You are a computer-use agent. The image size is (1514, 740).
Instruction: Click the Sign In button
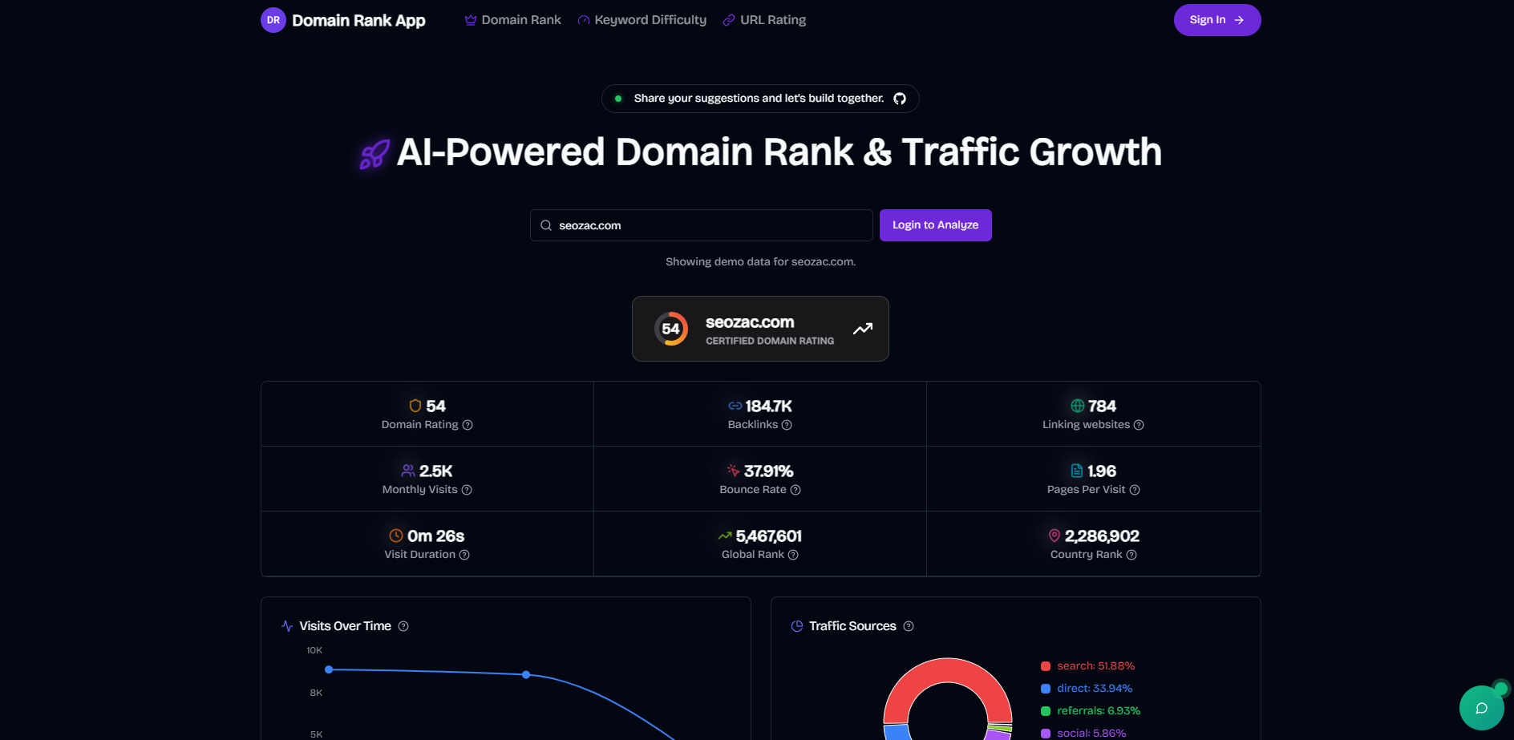point(1216,20)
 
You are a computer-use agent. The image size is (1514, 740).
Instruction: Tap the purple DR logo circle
point(273,20)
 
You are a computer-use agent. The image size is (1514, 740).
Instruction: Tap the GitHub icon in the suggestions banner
point(900,99)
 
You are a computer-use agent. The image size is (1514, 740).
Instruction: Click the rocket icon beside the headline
point(374,154)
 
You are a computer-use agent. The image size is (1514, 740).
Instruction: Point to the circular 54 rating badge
point(671,329)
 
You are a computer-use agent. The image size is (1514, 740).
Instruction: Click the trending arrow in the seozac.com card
point(863,329)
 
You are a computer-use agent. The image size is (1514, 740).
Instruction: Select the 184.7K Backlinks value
point(768,406)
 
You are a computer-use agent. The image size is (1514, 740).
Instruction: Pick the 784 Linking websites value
point(1102,406)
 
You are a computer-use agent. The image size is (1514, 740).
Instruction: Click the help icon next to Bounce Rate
point(795,490)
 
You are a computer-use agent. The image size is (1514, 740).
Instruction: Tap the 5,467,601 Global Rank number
point(768,536)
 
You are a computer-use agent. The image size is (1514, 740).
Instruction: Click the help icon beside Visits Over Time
point(403,626)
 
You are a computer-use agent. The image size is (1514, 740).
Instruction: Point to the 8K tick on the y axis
point(316,693)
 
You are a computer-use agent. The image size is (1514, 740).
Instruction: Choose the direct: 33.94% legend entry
point(1094,689)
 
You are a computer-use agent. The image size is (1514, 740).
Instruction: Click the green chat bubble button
point(1481,708)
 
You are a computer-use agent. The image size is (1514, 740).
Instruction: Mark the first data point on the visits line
point(329,669)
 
